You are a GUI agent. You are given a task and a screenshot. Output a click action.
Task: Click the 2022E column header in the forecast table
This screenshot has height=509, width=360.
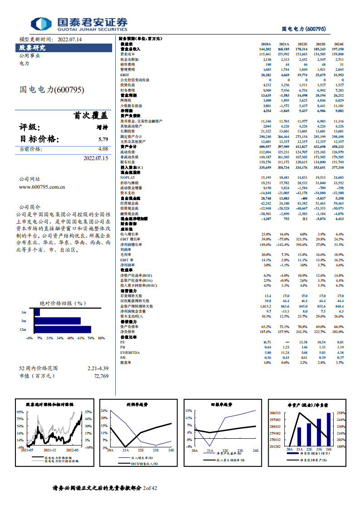click(x=301, y=44)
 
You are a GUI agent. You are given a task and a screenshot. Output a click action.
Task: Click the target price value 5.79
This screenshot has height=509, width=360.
click(x=103, y=139)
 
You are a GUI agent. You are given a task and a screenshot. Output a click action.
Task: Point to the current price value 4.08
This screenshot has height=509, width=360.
click(x=103, y=149)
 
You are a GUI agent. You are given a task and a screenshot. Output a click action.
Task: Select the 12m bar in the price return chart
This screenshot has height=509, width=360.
click(x=63, y=329)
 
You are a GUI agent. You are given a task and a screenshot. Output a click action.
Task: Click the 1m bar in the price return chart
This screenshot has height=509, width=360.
click(x=37, y=312)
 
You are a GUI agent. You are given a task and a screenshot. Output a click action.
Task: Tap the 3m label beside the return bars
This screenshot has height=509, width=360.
click(x=24, y=321)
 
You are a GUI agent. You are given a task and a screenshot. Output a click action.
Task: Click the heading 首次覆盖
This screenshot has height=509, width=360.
click(x=91, y=116)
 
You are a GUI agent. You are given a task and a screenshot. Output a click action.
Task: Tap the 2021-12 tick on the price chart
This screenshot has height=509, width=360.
click(x=49, y=450)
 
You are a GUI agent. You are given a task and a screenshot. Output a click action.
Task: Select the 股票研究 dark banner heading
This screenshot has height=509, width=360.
click(x=32, y=47)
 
